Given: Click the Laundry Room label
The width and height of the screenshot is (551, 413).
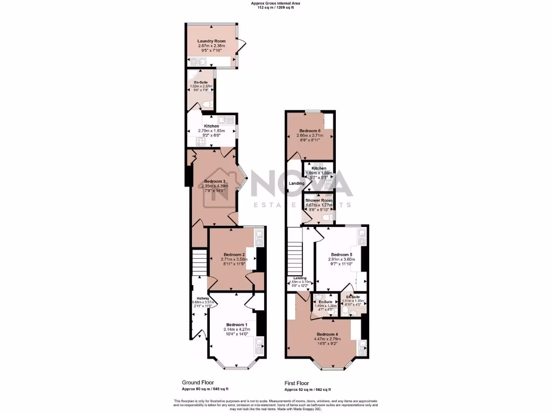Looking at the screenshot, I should [x=211, y=41].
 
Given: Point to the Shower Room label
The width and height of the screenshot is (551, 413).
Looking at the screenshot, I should [x=319, y=200].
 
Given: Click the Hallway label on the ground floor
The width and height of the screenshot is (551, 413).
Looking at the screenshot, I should [x=203, y=298].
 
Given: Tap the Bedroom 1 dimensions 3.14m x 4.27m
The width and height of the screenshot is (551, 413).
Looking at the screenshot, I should [x=237, y=330].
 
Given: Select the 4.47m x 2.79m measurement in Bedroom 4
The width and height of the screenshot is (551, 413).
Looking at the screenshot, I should [x=328, y=340].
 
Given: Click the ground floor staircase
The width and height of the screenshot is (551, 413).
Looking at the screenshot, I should [x=200, y=262].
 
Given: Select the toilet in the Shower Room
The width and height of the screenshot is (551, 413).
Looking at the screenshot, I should [x=330, y=216].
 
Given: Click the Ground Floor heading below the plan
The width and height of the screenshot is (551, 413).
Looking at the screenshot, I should [x=194, y=383].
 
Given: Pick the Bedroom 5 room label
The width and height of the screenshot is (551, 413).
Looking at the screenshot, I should [x=341, y=254].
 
